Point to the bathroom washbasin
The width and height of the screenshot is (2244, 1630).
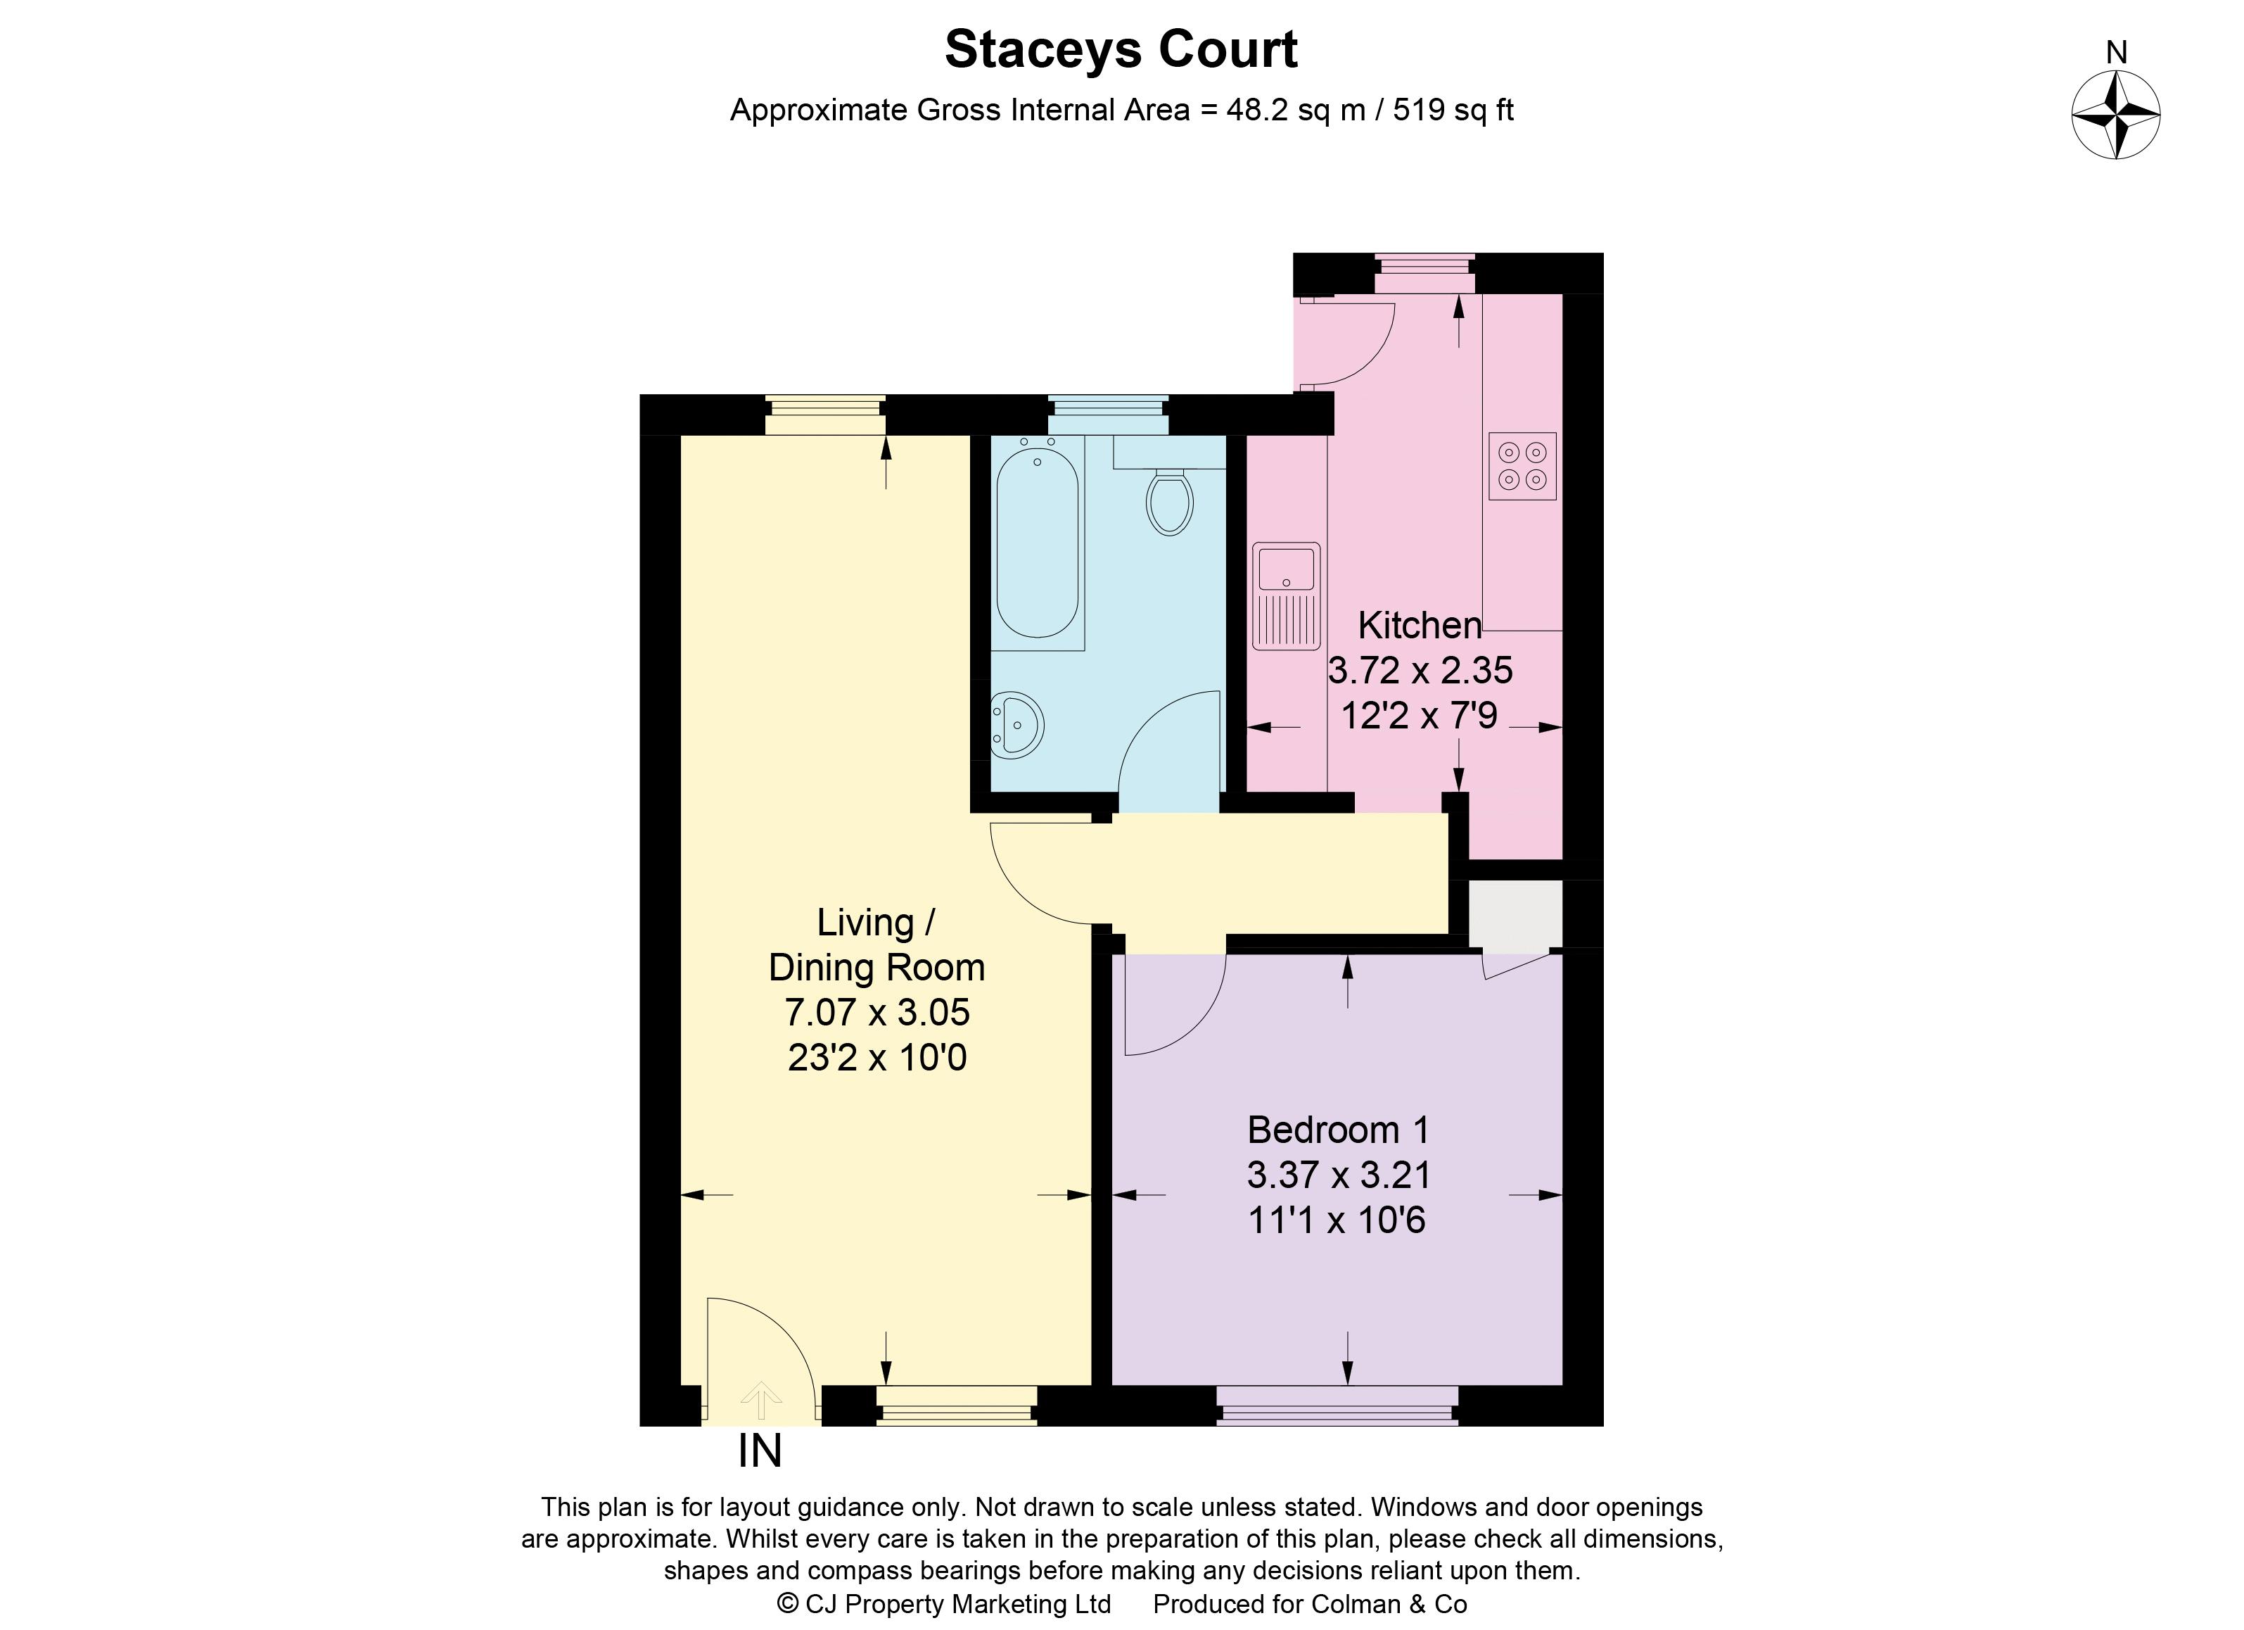click(1016, 724)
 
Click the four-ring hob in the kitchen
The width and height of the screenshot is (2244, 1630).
click(1522, 466)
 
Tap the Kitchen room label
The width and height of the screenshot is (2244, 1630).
click(1419, 626)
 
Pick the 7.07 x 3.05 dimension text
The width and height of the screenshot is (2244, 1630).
click(876, 1013)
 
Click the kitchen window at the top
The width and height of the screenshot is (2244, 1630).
click(1424, 273)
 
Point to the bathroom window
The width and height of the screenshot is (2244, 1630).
click(1107, 415)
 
